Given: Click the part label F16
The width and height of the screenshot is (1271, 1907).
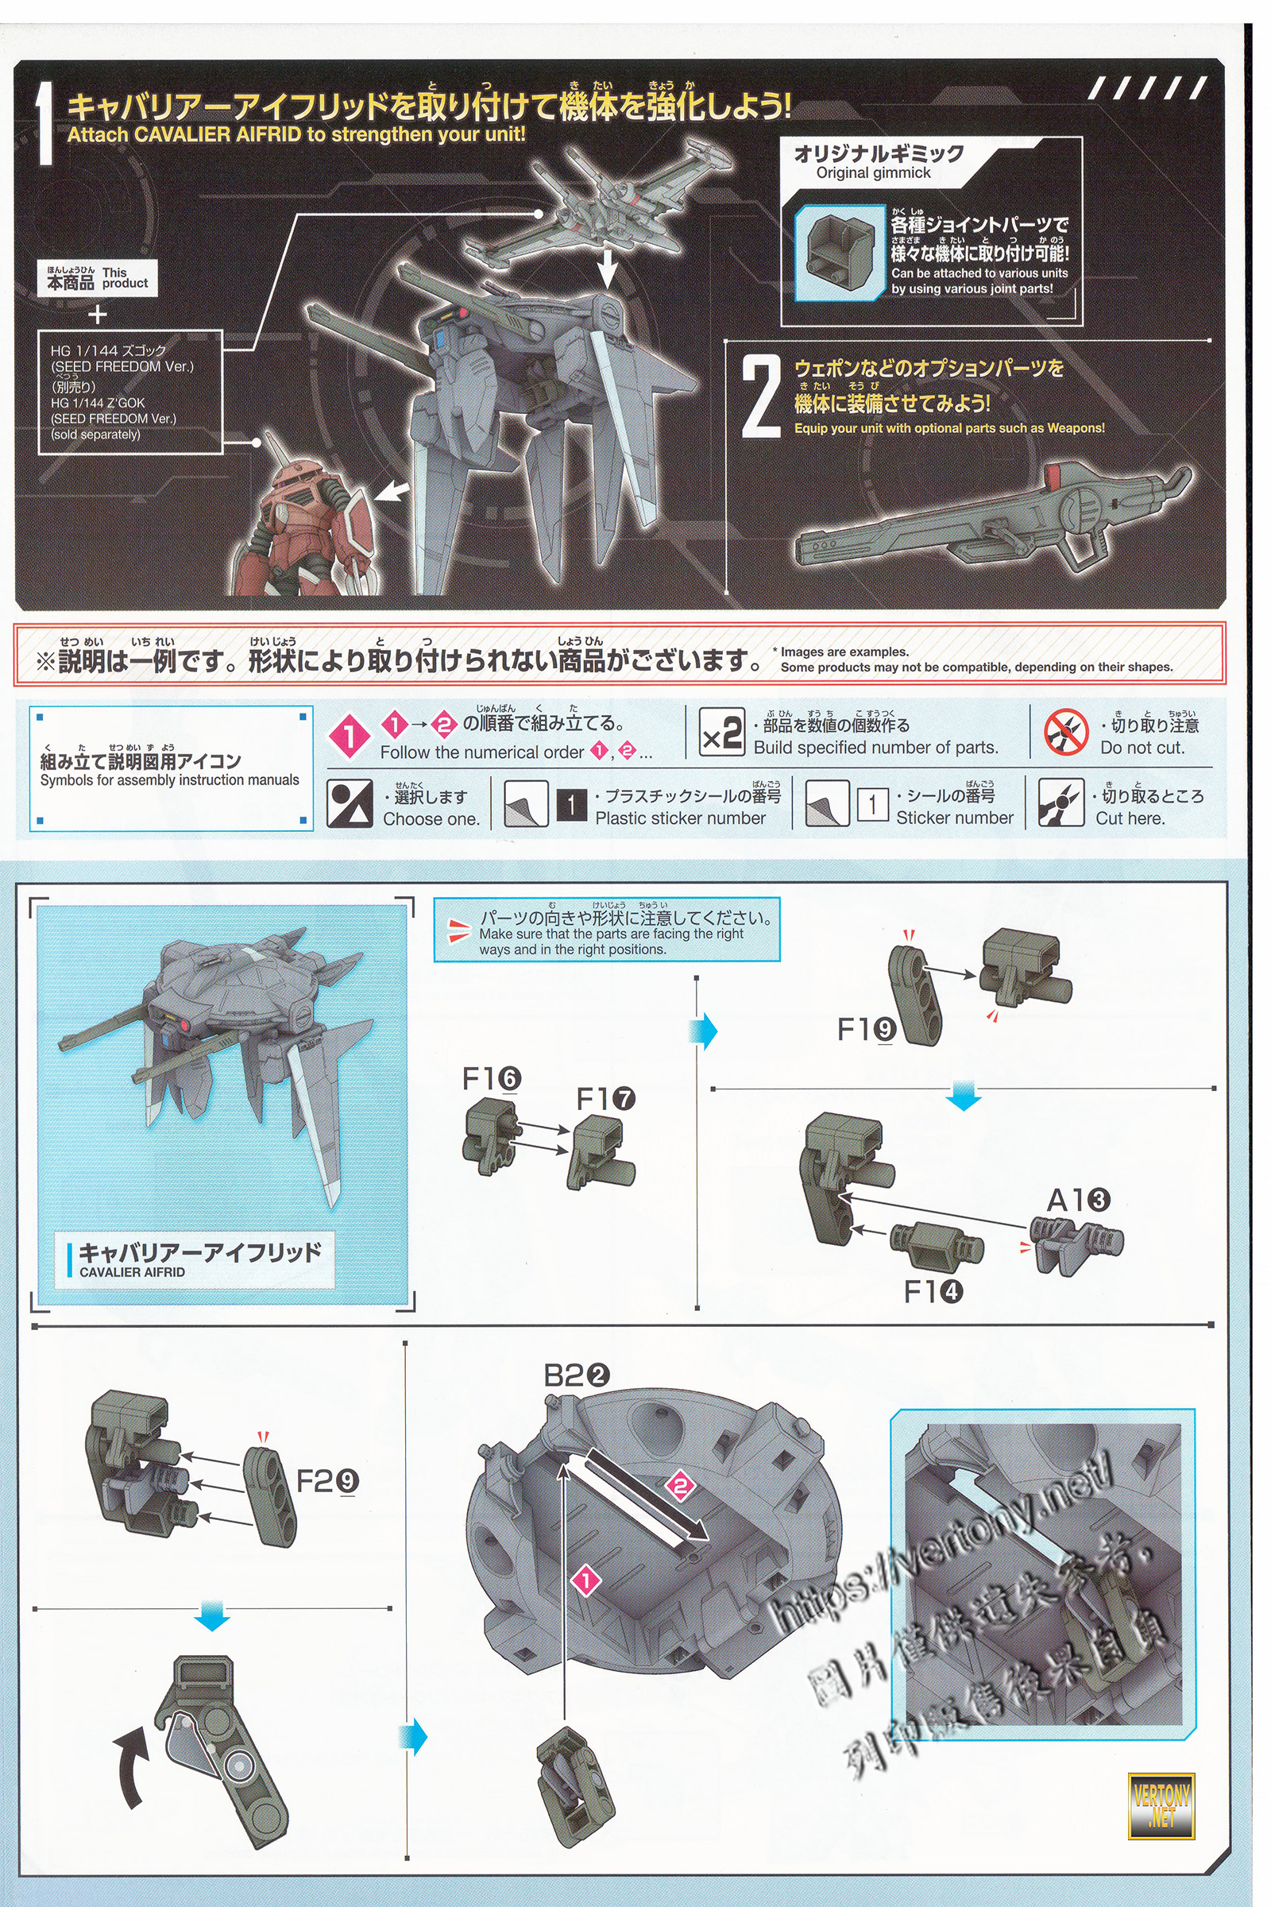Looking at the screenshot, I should coord(491,1079).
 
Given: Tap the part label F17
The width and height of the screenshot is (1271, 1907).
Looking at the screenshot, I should coord(605,1100).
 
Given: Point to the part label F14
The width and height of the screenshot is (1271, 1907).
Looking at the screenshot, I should coord(933,1293).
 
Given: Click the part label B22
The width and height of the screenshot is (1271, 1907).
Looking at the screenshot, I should coord(577,1376).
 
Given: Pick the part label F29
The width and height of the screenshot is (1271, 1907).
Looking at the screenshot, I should coord(326,1481).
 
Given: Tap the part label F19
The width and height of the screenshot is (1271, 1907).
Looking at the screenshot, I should coord(866,1030).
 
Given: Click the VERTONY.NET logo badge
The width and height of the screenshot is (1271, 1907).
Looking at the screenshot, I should coord(1161,1806).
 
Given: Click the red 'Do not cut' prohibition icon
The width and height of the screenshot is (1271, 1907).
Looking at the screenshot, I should coord(1065,732).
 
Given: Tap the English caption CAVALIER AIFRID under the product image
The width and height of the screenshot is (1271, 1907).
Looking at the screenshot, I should coord(132,1272).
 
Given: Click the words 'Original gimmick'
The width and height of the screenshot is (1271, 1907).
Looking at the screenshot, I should coord(873,172).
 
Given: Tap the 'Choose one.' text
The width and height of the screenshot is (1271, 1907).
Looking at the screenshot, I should coord(431,819).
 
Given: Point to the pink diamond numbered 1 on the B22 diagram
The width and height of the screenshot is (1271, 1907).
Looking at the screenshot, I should coord(586,1580).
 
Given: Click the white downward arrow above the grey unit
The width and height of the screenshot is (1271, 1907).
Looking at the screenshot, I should coord(606,267).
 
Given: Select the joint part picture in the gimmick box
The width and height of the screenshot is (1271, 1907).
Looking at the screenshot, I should coord(837,250).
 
